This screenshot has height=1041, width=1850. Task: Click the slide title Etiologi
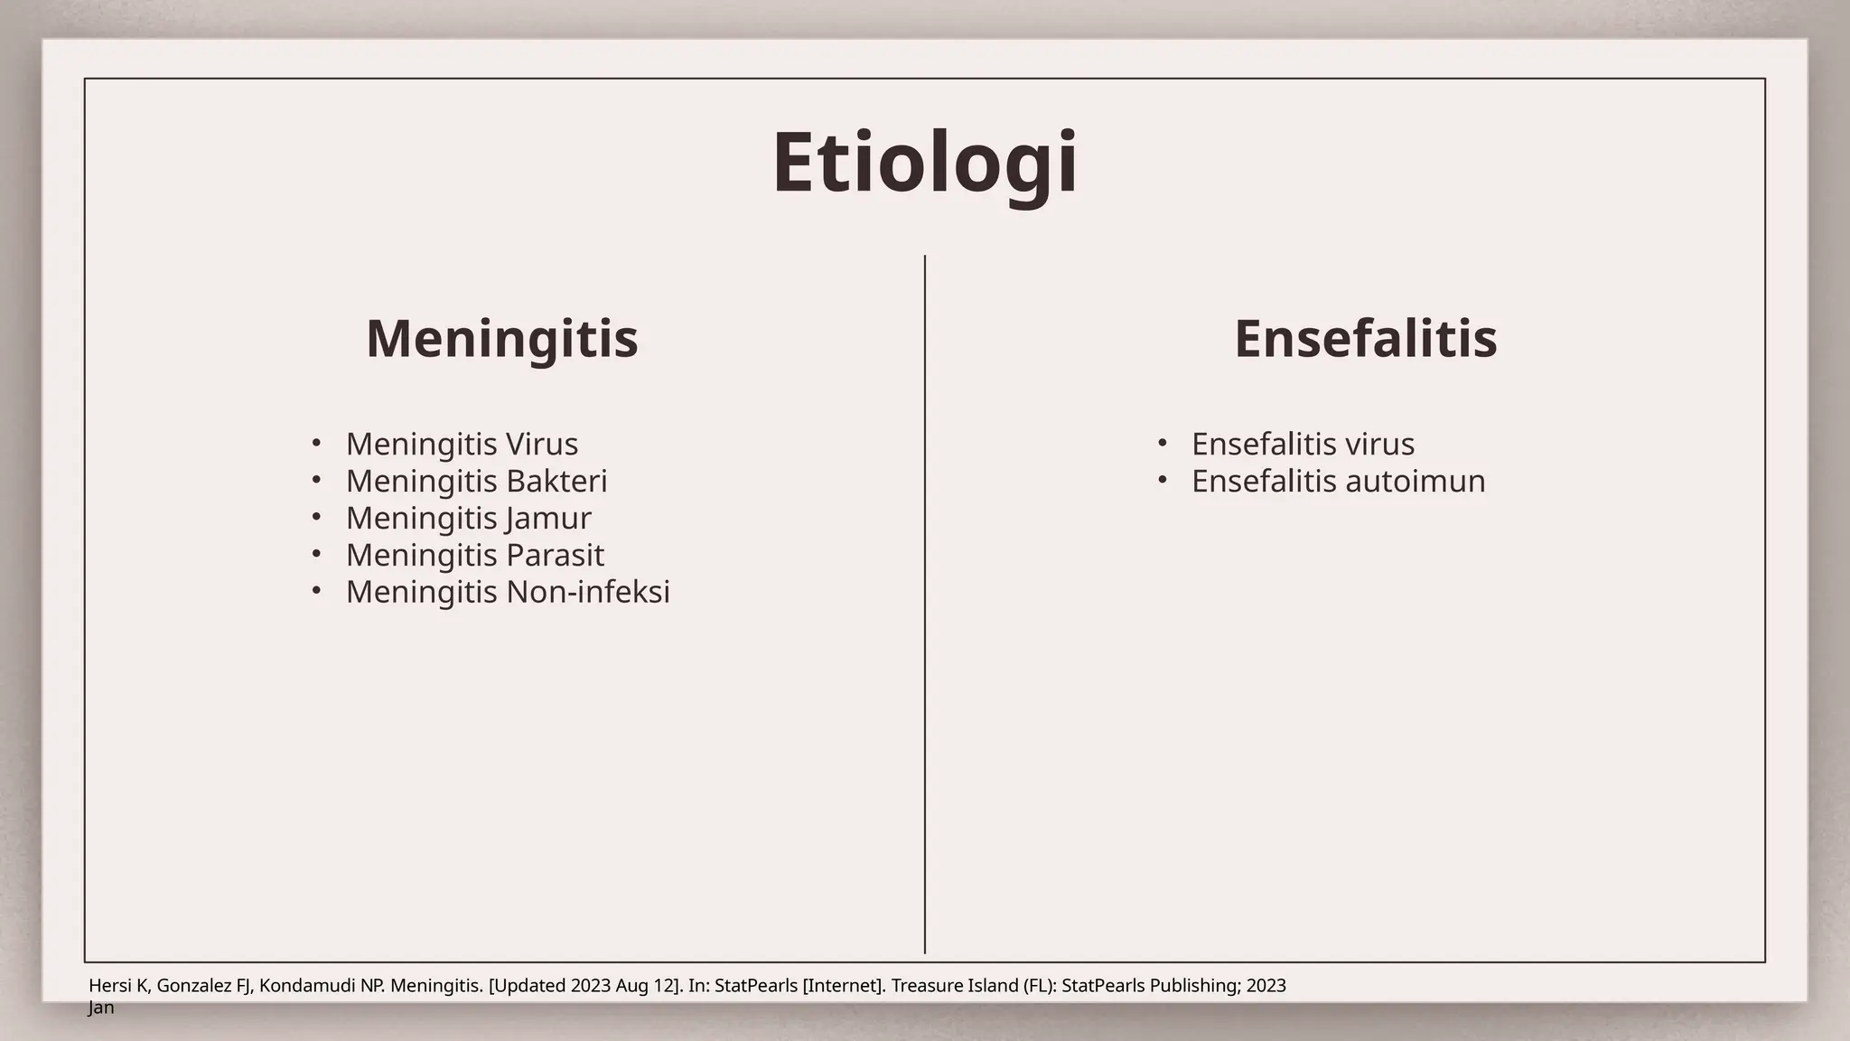(924, 163)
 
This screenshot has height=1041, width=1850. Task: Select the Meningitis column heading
(501, 339)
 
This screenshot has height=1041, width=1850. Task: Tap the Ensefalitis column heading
(1365, 339)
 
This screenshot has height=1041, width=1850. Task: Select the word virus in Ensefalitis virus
(1379, 444)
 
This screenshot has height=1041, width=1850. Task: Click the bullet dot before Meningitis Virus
(315, 443)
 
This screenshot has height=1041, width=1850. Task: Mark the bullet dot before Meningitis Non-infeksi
(315, 591)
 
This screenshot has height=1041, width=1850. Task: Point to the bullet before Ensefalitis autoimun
(1162, 480)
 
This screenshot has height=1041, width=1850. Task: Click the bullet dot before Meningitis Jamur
(315, 517)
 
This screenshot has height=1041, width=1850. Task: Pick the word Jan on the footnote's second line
(101, 1008)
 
